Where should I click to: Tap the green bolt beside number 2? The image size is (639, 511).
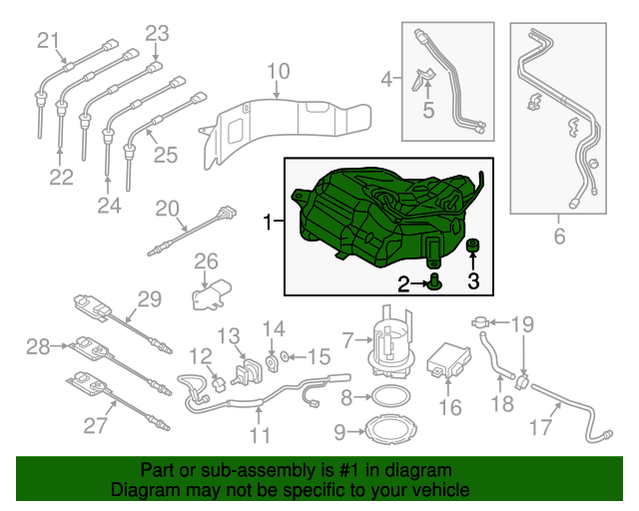tap(435, 282)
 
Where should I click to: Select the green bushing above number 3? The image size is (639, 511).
tap(472, 246)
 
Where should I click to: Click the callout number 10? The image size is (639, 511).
tap(279, 71)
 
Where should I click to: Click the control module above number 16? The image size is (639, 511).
tap(448, 360)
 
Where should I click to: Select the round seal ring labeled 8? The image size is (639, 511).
tap(391, 396)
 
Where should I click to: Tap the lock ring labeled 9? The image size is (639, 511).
tap(391, 430)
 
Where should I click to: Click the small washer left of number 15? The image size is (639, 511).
tap(285, 357)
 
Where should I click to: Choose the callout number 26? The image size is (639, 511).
tap(207, 261)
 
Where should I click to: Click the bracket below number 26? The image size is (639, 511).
tap(211, 294)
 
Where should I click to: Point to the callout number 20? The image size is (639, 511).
tap(167, 209)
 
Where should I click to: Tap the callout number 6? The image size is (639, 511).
tap(559, 237)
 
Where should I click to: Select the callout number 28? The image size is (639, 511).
tap(38, 346)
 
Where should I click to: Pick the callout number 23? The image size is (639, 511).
tap(158, 33)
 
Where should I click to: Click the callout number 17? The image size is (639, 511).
tap(540, 427)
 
